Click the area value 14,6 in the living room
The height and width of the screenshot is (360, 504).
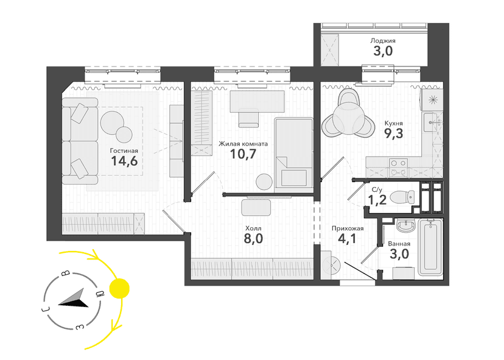[x=124, y=161]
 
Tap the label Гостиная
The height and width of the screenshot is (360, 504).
[x=124, y=150]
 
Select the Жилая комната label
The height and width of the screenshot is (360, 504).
[x=243, y=144]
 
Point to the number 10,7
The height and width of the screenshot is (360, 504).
[x=243, y=154]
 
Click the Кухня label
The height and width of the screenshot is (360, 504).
[x=393, y=123]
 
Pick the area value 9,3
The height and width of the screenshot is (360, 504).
[x=394, y=133]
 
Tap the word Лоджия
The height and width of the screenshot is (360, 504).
[x=383, y=41]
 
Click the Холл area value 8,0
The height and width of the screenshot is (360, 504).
[x=253, y=239]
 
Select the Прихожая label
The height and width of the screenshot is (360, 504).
[x=348, y=228]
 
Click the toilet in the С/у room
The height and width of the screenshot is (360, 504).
[x=402, y=197]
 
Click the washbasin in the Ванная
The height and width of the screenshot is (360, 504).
[x=407, y=225]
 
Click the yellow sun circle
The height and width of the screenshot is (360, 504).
[x=119, y=288]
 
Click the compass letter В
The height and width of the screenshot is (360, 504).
[x=66, y=273]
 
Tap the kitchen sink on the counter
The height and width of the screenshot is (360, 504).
[x=432, y=122]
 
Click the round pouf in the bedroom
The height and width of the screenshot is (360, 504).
[x=264, y=182]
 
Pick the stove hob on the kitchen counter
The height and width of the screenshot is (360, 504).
[x=399, y=168]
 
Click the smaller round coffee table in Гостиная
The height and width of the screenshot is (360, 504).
[x=124, y=135]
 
